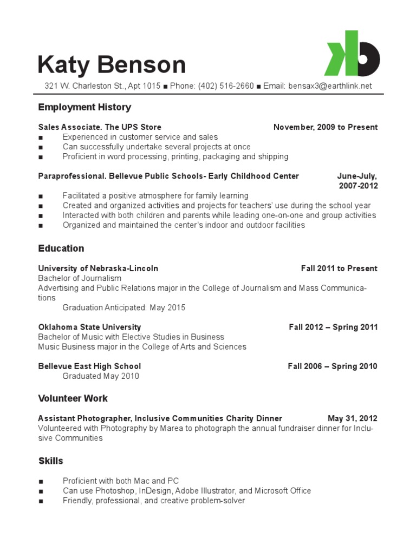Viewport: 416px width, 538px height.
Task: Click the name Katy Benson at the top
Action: coord(112,65)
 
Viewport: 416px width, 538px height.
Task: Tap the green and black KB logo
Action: coord(352,54)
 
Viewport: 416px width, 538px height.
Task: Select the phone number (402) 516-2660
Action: coord(226,86)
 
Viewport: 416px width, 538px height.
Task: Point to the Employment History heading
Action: coord(84,107)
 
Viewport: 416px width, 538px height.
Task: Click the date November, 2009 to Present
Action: coord(326,127)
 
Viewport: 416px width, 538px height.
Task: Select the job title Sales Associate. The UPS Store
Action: coord(100,127)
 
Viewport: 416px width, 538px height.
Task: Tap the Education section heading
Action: coord(61,248)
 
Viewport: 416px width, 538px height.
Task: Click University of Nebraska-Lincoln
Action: coord(98,268)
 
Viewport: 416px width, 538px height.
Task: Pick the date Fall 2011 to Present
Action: coord(339,268)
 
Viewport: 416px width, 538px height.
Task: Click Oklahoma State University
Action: coord(89,327)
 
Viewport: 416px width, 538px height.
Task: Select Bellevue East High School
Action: coord(89,366)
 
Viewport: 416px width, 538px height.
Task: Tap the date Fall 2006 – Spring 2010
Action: coord(333,366)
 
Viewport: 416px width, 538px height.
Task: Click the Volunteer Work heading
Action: coord(73,398)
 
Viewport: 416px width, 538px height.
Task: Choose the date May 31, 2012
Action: coord(353,418)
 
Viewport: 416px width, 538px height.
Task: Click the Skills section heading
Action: coord(51,461)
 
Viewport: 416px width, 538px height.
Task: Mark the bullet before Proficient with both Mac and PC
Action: coord(41,481)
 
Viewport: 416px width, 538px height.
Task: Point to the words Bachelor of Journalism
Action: coord(80,278)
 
